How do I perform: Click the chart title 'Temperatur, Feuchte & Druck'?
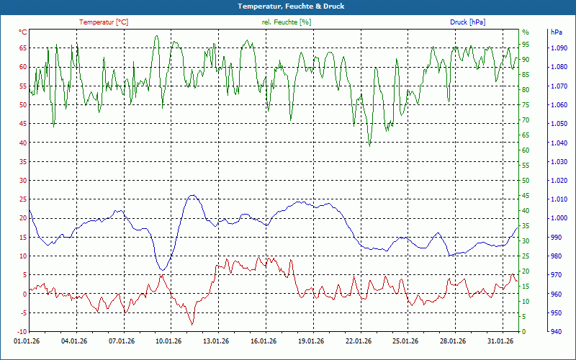(x=287, y=6)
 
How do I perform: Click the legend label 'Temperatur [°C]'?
(x=104, y=22)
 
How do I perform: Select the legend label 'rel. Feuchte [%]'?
(x=287, y=22)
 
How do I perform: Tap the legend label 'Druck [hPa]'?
(x=467, y=22)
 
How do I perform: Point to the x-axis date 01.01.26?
(x=27, y=341)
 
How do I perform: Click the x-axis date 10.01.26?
(x=168, y=341)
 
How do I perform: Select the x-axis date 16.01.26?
(x=263, y=341)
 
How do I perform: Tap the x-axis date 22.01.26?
(x=358, y=341)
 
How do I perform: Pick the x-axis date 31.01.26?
(x=500, y=341)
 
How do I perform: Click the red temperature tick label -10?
(x=21, y=332)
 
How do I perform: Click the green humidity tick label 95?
(x=526, y=32)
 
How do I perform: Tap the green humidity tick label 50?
(x=526, y=181)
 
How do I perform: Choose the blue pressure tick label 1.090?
(x=559, y=48)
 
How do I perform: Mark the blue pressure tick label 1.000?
(x=559, y=218)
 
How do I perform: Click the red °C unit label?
(x=23, y=32)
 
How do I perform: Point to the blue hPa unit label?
(x=556, y=32)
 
